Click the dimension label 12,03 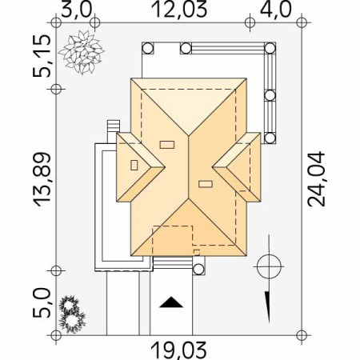pos(179,10)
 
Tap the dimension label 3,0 pos(77,10)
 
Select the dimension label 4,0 pos(275,10)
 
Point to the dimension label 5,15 pos(42,55)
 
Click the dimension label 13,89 pos(42,179)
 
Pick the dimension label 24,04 pos(317,179)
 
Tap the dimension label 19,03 pos(179,350)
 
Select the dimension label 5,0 pos(42,303)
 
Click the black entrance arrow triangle pos(171,302)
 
